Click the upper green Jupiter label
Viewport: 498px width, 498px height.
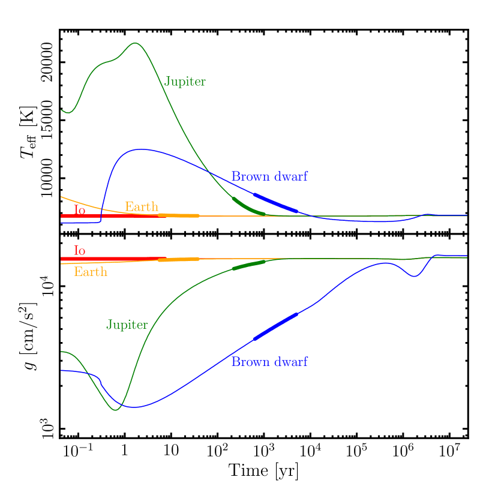click(185, 82)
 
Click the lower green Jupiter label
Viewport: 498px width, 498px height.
click(127, 325)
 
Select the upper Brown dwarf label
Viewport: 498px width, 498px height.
click(269, 177)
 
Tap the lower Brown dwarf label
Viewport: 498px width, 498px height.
click(269, 362)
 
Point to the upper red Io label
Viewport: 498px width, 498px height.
click(79, 210)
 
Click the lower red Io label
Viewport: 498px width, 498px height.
click(79, 250)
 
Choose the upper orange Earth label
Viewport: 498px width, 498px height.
click(142, 207)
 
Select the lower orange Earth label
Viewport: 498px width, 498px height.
click(91, 272)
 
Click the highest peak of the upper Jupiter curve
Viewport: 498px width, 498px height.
click(136, 43)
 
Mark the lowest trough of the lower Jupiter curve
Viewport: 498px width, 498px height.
click(116, 410)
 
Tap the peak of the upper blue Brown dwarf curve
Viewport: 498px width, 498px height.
click(140, 149)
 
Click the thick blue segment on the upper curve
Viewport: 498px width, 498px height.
click(276, 203)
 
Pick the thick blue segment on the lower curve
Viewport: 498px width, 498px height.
click(275, 326)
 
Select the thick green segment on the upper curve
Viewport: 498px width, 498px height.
click(248, 207)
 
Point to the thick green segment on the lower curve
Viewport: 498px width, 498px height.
click(248, 265)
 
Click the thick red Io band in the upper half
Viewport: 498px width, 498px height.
click(108, 216)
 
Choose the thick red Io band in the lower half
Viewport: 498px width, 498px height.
click(108, 259)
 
